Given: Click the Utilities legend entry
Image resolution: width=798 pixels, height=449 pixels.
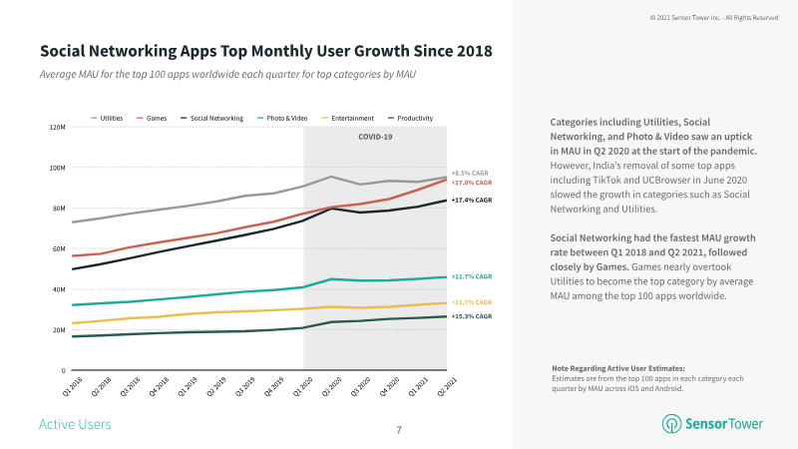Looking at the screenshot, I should (108, 119).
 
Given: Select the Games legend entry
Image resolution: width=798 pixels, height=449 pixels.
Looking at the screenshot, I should (152, 119).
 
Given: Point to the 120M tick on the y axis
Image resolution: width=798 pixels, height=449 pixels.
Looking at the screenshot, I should (57, 128).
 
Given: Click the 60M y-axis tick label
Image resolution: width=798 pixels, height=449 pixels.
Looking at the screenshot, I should (58, 249).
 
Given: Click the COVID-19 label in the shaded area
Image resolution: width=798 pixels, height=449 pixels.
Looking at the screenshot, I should (375, 137).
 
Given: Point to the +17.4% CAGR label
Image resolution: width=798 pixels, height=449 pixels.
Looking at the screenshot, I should (471, 201).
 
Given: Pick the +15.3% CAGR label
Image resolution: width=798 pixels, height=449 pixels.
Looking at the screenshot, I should (471, 316).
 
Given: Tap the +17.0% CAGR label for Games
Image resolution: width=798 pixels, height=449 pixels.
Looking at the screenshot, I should (471, 183).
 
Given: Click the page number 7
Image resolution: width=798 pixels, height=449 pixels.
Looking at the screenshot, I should (399, 430).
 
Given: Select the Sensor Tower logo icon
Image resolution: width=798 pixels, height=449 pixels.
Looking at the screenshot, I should (671, 424).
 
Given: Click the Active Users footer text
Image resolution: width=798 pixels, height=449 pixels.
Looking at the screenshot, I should (75, 425).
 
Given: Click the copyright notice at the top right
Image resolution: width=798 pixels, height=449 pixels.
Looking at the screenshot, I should (713, 17).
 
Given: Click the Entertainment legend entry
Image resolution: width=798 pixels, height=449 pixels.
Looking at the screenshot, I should (351, 119).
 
